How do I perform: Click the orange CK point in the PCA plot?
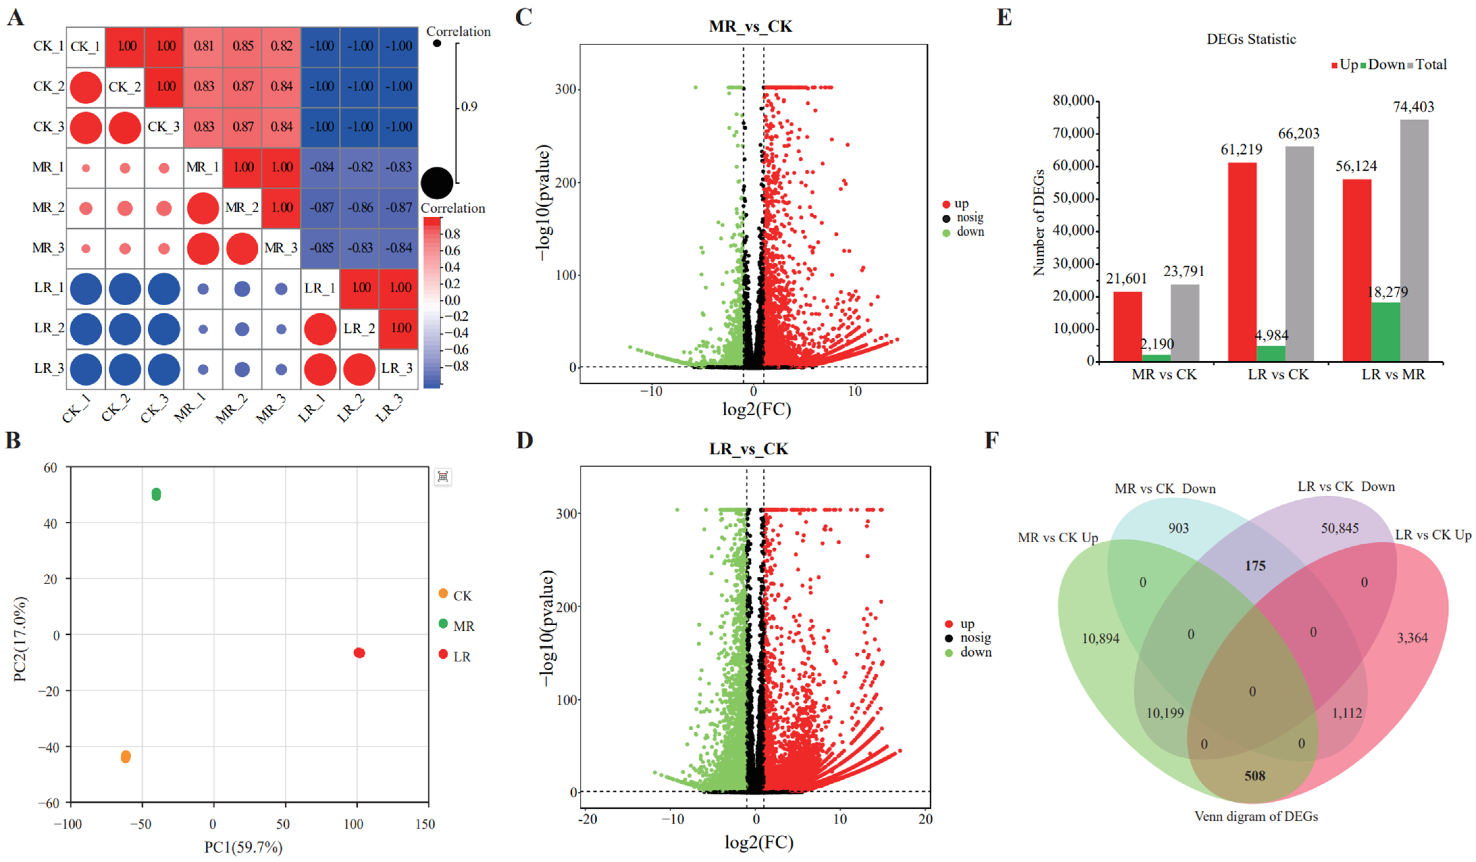(125, 757)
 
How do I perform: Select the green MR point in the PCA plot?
(156, 495)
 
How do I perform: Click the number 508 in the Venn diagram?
(1254, 776)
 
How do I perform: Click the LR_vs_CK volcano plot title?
(749, 449)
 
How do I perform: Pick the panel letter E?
(1004, 18)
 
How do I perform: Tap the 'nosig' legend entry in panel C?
(969, 217)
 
